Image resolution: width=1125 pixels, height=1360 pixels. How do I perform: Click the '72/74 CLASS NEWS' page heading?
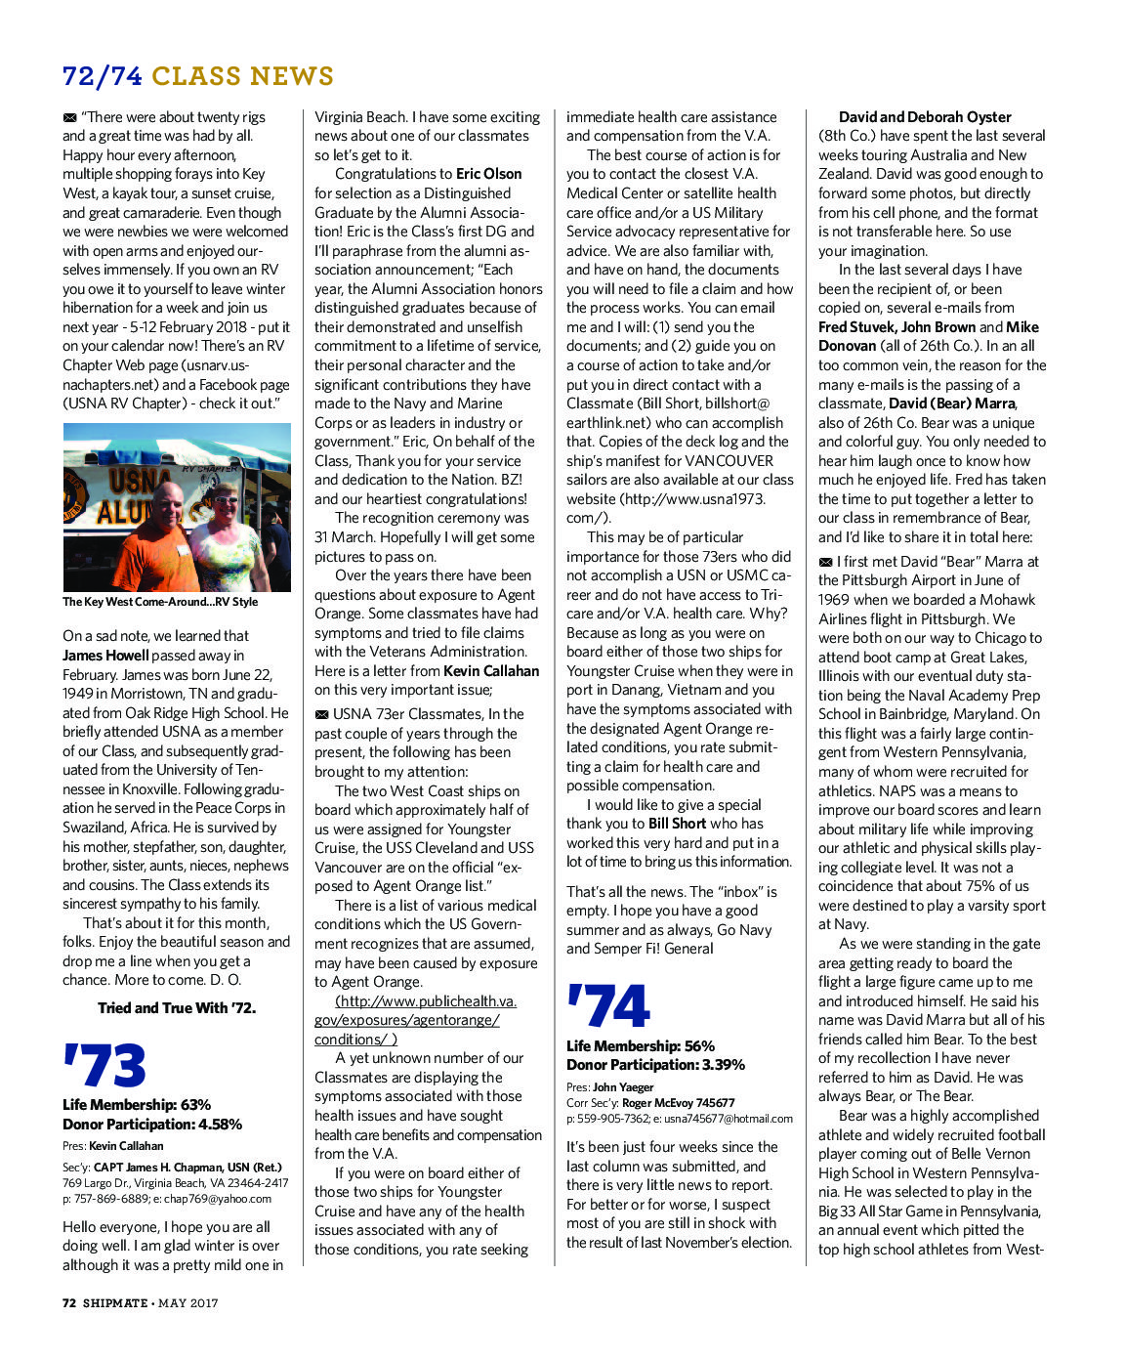pos(197,75)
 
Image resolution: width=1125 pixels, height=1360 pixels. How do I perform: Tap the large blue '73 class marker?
pos(104,1065)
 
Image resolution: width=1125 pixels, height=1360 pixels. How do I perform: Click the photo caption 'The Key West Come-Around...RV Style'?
pos(160,602)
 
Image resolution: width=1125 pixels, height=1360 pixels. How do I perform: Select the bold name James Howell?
pos(105,655)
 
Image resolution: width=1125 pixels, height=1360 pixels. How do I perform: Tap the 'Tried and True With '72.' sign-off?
pos(177,1007)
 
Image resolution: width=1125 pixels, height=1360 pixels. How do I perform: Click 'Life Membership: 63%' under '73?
pos(137,1104)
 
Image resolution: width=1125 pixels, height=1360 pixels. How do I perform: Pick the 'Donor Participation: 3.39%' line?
pos(655,1064)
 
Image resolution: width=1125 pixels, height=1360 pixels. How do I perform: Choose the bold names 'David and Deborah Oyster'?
pos(925,116)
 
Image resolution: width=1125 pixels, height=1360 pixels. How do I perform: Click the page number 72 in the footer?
pos(69,1302)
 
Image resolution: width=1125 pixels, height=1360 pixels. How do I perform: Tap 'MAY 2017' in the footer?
pos(189,1302)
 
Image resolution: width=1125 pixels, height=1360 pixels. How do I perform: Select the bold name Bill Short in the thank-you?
pos(676,824)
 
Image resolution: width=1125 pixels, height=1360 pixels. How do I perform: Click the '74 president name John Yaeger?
pos(623,1086)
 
